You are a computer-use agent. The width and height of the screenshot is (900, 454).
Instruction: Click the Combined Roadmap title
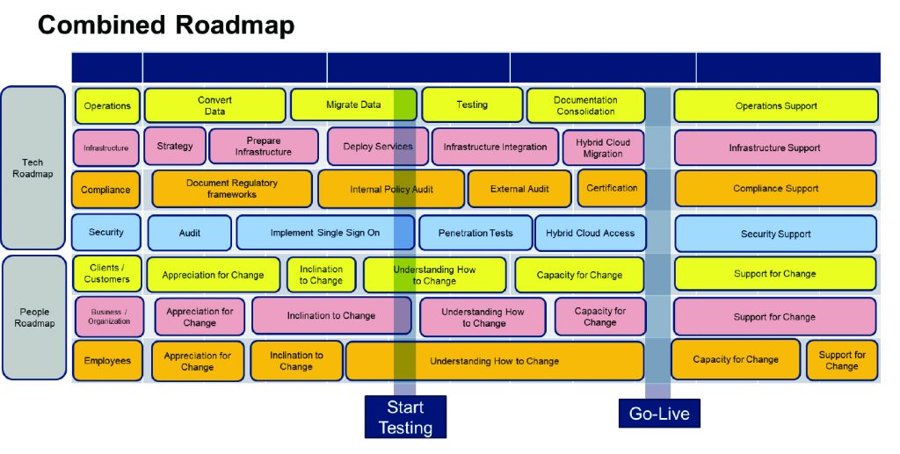165,25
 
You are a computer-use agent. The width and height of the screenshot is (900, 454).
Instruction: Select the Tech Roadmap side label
33,168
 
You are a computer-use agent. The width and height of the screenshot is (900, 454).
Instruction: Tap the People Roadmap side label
34,317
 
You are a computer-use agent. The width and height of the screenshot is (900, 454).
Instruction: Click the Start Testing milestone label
405,417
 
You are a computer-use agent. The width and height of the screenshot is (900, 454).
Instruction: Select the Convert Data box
214,105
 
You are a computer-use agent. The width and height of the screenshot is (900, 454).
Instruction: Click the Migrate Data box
353,105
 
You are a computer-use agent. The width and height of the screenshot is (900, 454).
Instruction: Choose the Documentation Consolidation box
585,105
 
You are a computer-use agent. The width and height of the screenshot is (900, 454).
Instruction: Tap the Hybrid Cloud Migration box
603,148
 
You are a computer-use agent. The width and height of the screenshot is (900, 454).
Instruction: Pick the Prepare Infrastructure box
263,147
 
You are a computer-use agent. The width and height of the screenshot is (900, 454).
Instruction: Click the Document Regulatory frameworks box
232,189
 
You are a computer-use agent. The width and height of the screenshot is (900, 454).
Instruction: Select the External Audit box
519,189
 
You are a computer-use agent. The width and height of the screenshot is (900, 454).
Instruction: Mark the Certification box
612,188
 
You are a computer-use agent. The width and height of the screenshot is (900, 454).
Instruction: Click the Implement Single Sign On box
324,233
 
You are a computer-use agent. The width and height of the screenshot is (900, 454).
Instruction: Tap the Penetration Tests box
475,233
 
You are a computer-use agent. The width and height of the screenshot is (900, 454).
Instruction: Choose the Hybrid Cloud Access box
590,233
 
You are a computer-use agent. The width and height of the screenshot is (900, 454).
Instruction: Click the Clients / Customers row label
106,274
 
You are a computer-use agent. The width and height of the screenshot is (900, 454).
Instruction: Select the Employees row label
107,361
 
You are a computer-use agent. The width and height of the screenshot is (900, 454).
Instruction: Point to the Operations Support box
776,106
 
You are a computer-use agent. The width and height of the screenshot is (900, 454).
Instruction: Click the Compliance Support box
775,189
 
